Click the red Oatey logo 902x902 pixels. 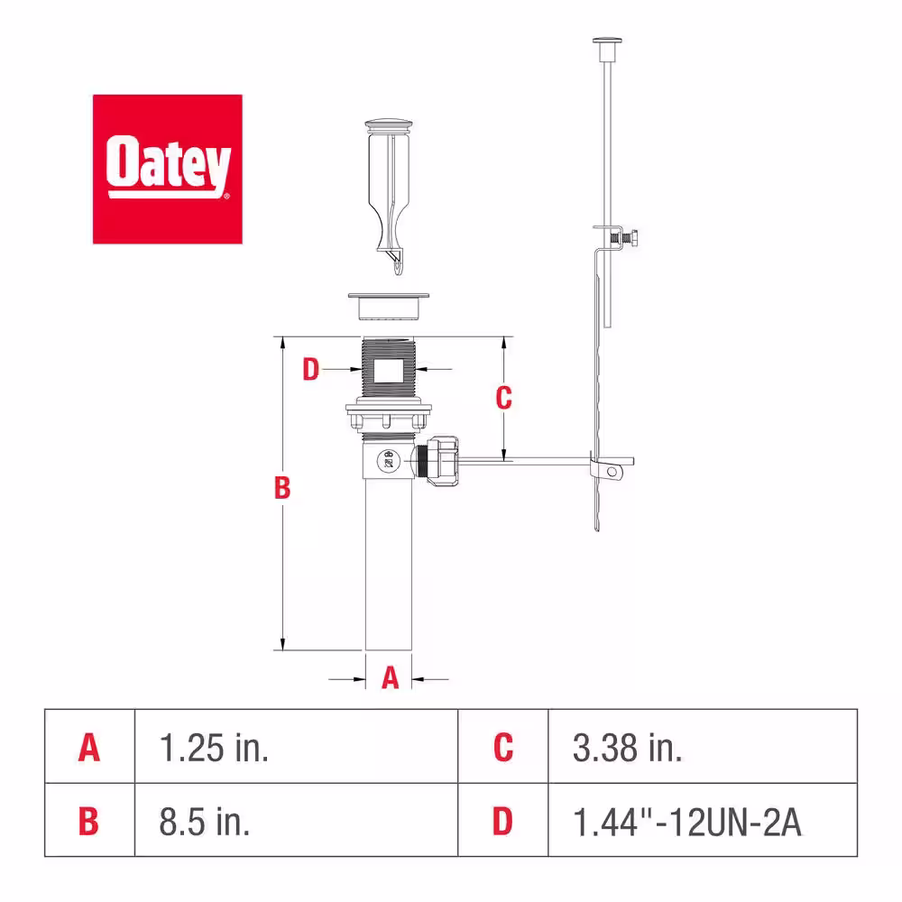pyautogui.click(x=168, y=170)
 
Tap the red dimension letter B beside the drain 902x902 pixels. pyautogui.click(x=281, y=488)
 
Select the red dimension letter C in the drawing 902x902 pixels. pyautogui.click(x=504, y=398)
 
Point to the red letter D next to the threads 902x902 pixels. pyautogui.click(x=310, y=369)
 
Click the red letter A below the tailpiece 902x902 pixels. pyautogui.click(x=390, y=677)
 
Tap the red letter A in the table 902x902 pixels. pyautogui.click(x=89, y=748)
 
